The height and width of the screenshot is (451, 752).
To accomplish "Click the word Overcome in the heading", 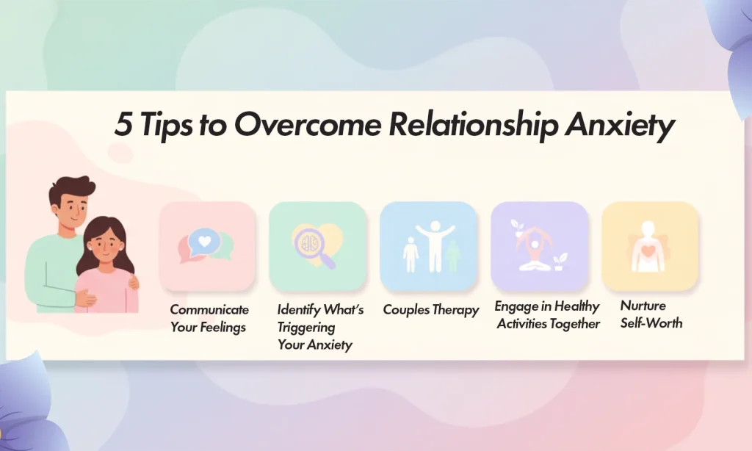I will (308, 126).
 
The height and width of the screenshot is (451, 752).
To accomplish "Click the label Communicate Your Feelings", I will (209, 318).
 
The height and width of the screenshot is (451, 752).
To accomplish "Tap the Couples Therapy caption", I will (431, 310).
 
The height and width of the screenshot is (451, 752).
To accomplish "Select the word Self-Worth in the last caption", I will (651, 322).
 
